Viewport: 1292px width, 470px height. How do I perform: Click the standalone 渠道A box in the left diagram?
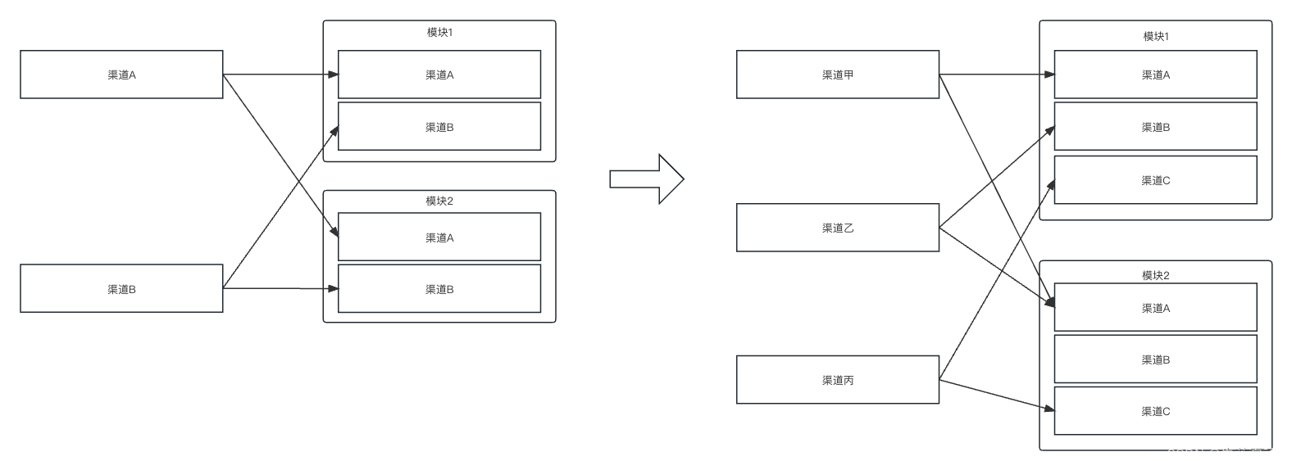point(121,75)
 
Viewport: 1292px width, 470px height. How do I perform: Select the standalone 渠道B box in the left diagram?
point(121,288)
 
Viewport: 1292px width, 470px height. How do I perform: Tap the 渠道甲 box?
point(837,75)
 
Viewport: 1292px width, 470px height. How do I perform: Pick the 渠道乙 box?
point(837,228)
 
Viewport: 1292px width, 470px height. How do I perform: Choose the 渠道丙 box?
point(837,380)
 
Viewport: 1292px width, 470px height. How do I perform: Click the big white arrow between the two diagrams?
point(647,179)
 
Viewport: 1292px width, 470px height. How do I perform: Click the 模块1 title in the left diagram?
point(439,33)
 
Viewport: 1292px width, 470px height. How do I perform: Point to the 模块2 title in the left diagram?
point(439,201)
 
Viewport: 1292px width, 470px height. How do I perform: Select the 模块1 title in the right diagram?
point(1156,37)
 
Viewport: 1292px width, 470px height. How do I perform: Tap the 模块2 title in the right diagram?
point(1156,275)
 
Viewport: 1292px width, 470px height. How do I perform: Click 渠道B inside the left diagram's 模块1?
point(439,127)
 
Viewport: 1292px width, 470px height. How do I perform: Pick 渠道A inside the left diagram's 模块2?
point(439,237)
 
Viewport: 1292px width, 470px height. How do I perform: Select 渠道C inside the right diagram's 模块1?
point(1156,180)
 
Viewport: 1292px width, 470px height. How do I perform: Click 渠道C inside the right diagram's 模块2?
point(1156,411)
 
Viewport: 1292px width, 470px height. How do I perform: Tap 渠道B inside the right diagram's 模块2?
point(1156,359)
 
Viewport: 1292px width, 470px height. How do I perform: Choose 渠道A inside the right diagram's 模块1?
point(1156,75)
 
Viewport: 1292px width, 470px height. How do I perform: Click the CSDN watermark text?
point(1221,454)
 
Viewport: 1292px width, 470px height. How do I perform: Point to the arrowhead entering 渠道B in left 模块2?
point(333,288)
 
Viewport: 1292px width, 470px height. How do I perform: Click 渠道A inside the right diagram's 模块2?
point(1156,308)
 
